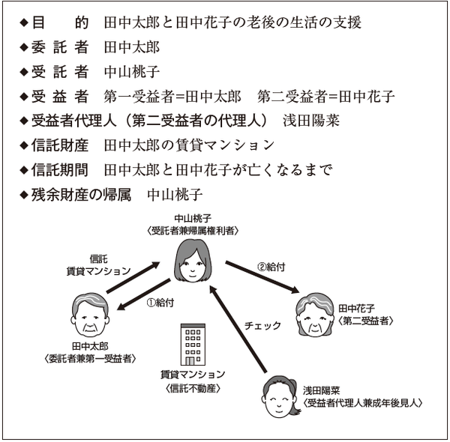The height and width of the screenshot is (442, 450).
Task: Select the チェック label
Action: click(x=262, y=326)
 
